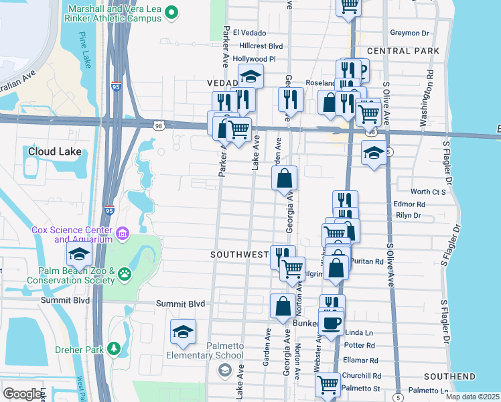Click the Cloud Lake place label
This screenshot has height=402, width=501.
point(54,151)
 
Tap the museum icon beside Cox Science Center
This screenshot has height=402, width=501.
point(123,233)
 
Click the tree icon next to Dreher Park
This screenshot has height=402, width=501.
point(114,348)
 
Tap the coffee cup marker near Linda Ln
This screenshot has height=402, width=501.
point(331,323)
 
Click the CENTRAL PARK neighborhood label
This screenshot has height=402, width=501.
point(403,51)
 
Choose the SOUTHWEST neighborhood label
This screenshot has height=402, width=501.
point(239,255)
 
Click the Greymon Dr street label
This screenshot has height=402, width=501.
point(409,33)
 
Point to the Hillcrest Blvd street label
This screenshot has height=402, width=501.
point(261,46)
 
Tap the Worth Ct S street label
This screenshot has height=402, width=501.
point(429,192)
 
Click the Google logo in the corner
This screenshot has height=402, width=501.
point(22,394)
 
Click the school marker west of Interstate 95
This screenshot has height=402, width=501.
point(79,255)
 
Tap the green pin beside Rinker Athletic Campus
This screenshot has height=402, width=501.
point(171,11)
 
